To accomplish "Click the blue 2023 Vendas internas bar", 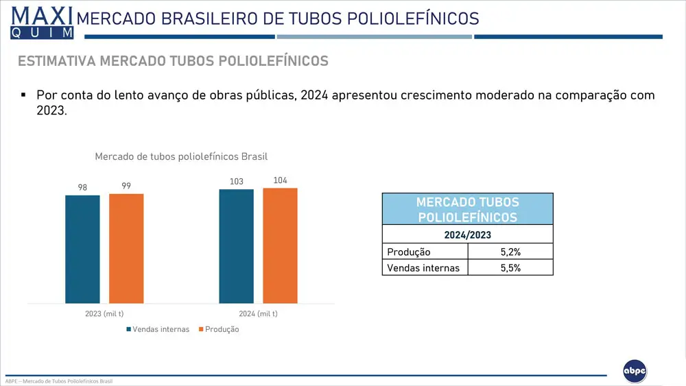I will [82, 249].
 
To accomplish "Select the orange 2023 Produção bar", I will [126, 248].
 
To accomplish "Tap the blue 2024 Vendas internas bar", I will [236, 246].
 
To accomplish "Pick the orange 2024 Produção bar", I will [280, 245].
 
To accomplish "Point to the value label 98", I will [82, 187].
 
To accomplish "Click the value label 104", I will [280, 180].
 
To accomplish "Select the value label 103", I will [237, 182].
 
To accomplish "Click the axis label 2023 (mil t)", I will [104, 313].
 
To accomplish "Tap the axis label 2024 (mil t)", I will [258, 313].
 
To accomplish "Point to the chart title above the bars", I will [181, 156].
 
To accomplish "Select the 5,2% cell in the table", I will [510, 252].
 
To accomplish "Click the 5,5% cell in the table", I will [510, 268].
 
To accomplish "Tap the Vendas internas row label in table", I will [423, 268].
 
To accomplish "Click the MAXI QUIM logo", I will [42, 23].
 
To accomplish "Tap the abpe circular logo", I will [635, 371].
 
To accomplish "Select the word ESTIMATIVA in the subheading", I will [56, 61].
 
